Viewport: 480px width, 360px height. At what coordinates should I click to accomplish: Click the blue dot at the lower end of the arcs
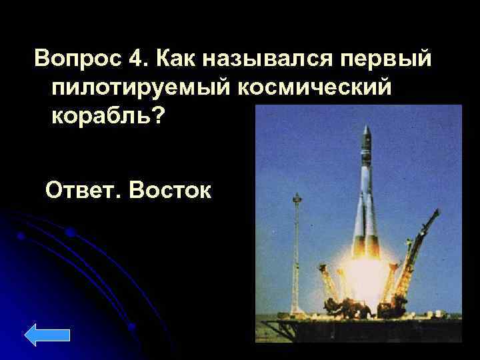pyautogui.click(x=132, y=327)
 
